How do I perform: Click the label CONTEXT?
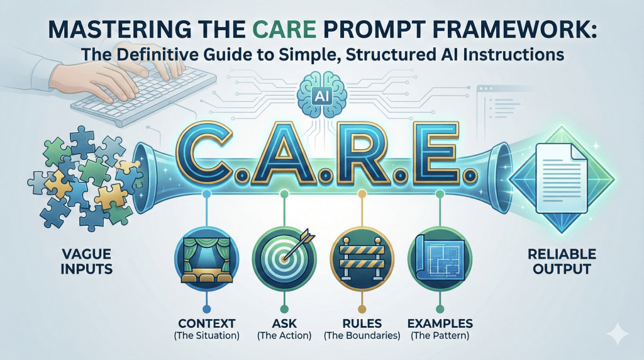point(206,323)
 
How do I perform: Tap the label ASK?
point(284,323)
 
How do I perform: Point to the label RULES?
point(362,323)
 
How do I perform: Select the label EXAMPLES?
point(440,323)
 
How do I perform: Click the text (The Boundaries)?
point(362,335)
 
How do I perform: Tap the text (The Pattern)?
point(440,335)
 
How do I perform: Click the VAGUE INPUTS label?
point(87,261)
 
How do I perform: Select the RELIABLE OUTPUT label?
point(562,261)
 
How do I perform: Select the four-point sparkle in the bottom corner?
point(618,334)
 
